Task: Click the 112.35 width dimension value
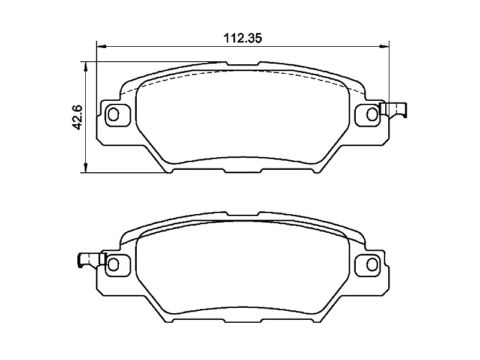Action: click(x=243, y=38)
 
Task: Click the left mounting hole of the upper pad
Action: click(x=114, y=114)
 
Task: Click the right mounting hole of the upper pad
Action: click(x=372, y=113)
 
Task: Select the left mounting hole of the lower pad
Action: click(x=114, y=264)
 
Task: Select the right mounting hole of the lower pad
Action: click(x=372, y=264)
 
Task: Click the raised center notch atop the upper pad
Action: click(x=242, y=62)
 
